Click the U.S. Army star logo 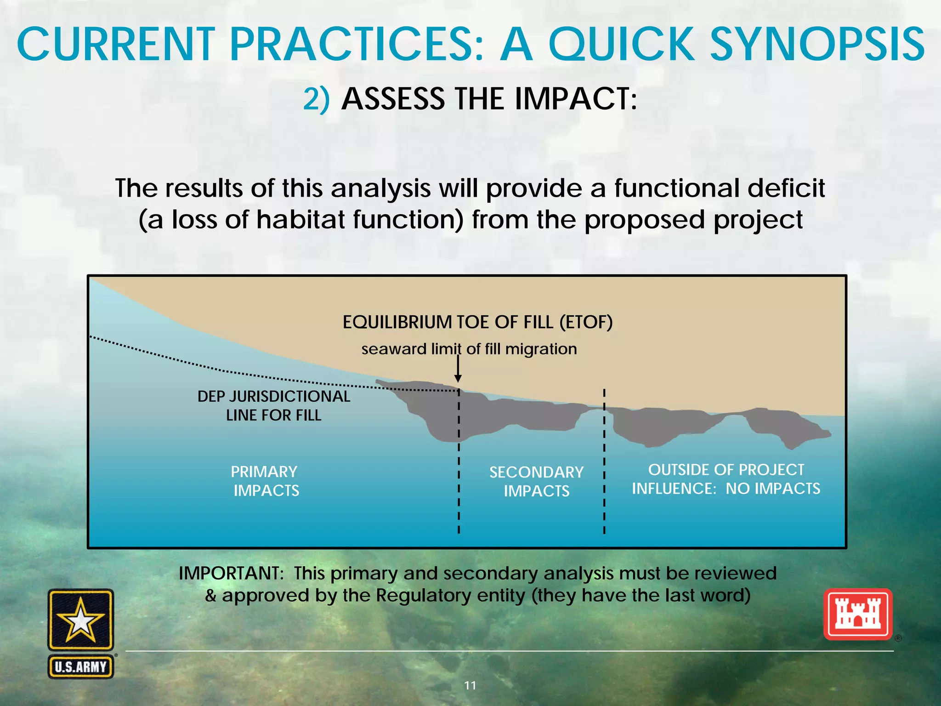click(x=80, y=620)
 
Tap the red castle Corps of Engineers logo click(x=857, y=615)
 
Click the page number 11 click(x=470, y=685)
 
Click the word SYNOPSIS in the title click(x=817, y=45)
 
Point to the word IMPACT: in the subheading click(x=576, y=99)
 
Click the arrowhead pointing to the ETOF click(x=458, y=378)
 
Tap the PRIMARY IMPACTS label click(x=265, y=481)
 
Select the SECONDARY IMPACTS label click(x=536, y=481)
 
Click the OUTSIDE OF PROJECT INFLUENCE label click(x=726, y=479)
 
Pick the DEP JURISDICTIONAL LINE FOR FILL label click(x=274, y=405)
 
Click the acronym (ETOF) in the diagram click(x=586, y=322)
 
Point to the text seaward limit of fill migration click(x=469, y=349)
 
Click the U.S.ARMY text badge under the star click(x=81, y=666)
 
